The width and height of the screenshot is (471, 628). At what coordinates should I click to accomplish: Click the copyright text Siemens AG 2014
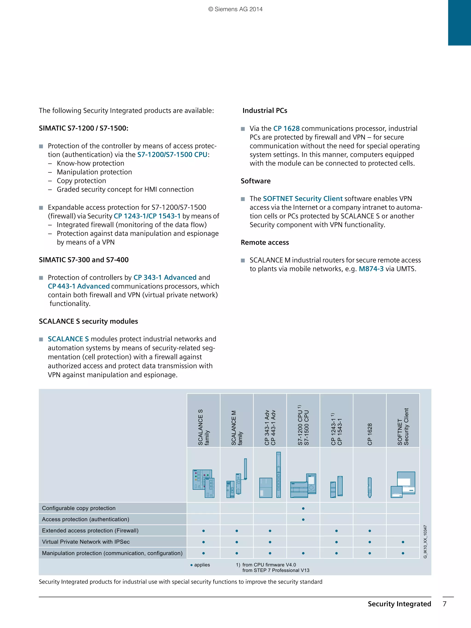(235, 9)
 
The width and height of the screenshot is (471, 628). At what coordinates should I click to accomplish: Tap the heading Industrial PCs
(265, 111)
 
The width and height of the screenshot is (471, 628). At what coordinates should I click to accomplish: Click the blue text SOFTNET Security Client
(303, 199)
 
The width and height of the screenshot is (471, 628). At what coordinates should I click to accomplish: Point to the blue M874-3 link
(371, 269)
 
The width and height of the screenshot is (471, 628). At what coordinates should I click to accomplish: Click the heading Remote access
(265, 242)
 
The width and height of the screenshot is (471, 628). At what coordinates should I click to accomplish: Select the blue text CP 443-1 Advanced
(79, 286)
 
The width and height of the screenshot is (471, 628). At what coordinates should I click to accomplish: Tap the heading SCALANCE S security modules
(88, 321)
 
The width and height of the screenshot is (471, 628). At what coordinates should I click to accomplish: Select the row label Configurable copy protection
(79, 508)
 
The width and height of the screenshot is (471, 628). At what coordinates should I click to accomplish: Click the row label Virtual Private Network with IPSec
(86, 542)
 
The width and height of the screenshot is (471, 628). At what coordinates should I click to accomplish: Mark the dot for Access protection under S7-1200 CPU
(303, 519)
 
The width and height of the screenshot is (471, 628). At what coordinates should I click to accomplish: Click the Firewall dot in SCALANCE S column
(204, 531)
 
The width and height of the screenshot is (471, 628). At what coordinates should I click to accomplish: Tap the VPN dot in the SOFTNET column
(403, 542)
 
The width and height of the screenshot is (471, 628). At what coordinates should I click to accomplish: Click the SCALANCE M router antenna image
(245, 469)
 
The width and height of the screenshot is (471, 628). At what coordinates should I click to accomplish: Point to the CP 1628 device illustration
(370, 487)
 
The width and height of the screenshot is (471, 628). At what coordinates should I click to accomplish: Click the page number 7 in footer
(445, 604)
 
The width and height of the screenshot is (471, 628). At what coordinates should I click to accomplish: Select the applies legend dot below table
(192, 565)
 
